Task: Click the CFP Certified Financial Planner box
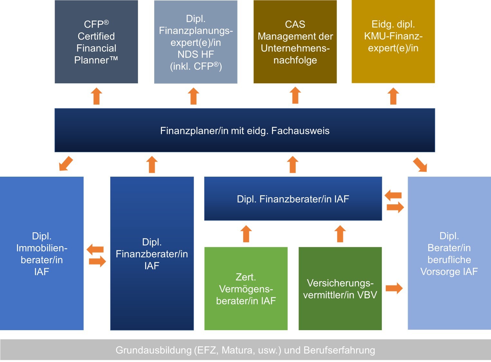tap(96, 42)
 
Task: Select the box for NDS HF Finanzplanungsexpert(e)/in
tap(196, 42)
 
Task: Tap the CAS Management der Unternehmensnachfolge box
tap(295, 42)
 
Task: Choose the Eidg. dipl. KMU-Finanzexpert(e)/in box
tap(393, 42)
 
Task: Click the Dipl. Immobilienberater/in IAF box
tap(42, 253)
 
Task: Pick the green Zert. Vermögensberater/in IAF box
tap(246, 289)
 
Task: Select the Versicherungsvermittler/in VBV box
tap(340, 289)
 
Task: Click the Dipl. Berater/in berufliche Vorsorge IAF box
tap(449, 253)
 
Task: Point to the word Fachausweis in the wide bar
tap(300, 131)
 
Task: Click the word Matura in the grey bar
tap(237, 350)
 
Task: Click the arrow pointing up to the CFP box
tap(96, 96)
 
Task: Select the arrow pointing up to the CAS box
tap(295, 95)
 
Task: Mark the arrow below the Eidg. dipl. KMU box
tap(393, 96)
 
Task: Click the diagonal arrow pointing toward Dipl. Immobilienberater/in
tap(66, 163)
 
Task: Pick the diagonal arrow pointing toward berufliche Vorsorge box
tap(420, 164)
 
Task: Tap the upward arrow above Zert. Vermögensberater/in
tap(246, 234)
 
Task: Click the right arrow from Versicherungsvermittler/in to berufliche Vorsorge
tap(394, 288)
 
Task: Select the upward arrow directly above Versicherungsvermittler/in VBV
tap(340, 234)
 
